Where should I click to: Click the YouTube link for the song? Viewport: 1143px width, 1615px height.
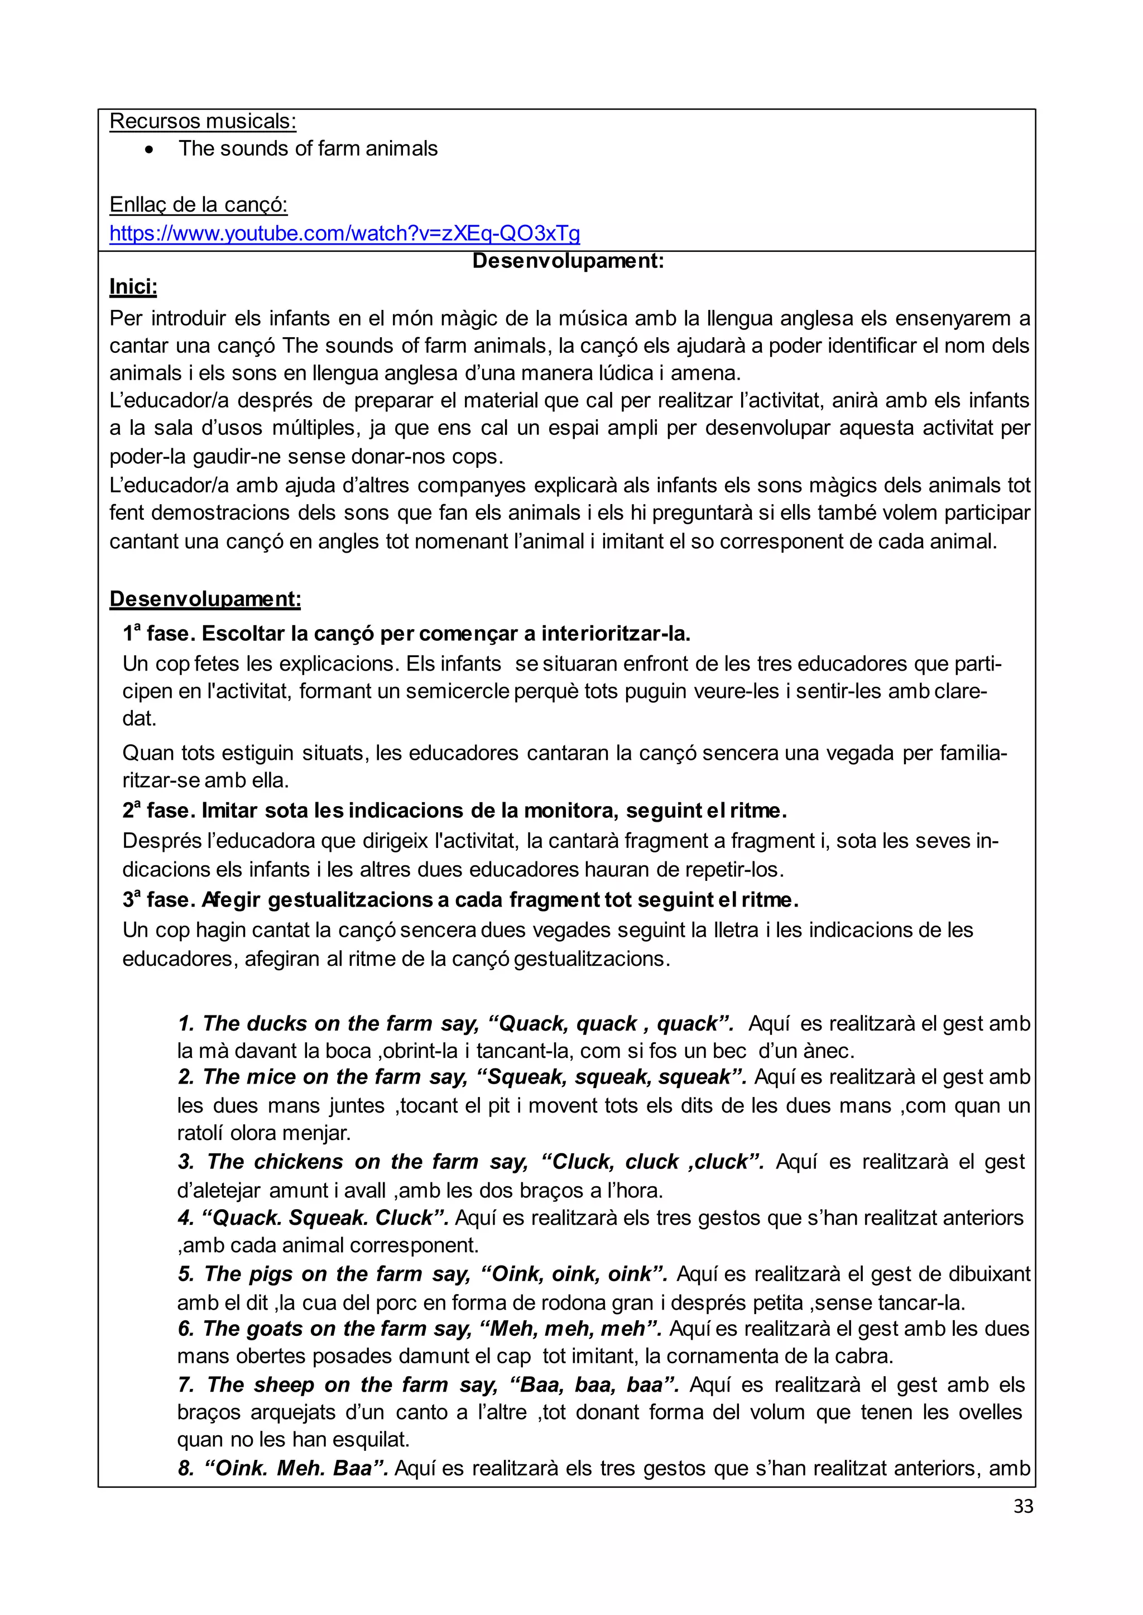tap(344, 233)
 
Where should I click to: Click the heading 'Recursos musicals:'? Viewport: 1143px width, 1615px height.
tap(203, 121)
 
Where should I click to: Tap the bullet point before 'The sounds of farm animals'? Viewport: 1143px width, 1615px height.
tap(148, 149)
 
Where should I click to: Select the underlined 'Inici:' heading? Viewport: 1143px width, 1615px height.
tap(133, 287)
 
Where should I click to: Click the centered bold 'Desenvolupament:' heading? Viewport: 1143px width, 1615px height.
tap(568, 261)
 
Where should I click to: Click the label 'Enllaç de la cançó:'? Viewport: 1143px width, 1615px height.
tap(199, 205)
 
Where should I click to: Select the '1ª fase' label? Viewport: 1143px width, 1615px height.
tap(159, 634)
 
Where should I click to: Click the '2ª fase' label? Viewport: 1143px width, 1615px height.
tap(159, 811)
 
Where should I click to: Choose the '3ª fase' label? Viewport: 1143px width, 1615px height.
tap(159, 900)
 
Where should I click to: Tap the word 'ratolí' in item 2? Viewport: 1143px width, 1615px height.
tap(200, 1133)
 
